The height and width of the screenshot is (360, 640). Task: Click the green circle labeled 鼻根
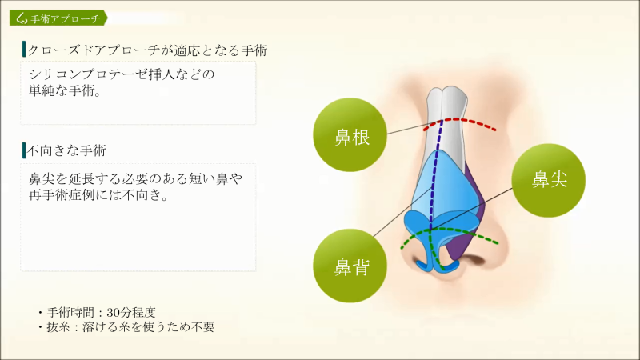[x=350, y=134]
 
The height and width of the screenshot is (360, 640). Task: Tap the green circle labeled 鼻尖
[x=549, y=181]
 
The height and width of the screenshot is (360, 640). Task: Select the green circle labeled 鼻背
[x=350, y=266]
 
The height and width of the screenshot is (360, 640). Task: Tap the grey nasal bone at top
[x=447, y=122]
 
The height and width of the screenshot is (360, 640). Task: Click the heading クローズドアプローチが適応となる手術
[x=147, y=50]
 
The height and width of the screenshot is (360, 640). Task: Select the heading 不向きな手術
[x=66, y=150]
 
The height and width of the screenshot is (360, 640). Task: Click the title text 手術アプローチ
[x=66, y=18]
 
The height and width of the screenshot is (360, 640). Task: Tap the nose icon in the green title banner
[x=22, y=18]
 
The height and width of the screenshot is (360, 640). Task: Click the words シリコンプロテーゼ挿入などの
[x=122, y=74]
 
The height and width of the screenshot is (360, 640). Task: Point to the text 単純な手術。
[x=66, y=90]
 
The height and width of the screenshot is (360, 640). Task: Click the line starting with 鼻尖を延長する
[x=135, y=178]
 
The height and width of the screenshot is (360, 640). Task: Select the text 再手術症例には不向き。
[x=98, y=195]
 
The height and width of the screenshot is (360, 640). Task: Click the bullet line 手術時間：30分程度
[x=97, y=313]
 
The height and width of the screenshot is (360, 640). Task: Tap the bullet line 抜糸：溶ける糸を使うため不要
[x=126, y=327]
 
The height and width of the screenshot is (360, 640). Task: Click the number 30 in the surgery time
[x=113, y=313]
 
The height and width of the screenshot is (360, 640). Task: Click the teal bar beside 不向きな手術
[x=24, y=150]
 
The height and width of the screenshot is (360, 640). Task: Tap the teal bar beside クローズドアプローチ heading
[x=24, y=49]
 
